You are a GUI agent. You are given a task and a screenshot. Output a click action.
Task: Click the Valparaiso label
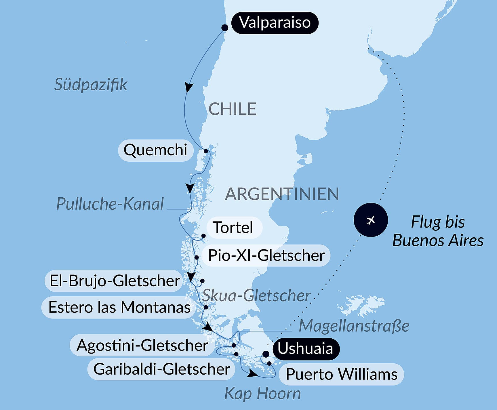[275, 23]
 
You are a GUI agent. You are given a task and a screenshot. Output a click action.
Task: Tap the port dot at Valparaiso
[225, 28]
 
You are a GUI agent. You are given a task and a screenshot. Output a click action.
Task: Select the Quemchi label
[155, 150]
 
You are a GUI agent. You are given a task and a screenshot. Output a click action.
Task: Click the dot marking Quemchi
[206, 151]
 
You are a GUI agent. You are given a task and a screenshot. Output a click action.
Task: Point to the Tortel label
[233, 228]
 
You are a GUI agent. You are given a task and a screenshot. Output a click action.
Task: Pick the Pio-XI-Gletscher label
[266, 255]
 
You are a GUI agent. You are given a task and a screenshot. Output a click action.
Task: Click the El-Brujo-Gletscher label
[115, 281]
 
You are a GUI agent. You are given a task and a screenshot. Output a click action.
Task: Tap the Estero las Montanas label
[119, 307]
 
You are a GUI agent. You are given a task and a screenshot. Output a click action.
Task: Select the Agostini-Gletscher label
[142, 345]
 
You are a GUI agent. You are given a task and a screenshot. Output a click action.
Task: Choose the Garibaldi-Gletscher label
[162, 369]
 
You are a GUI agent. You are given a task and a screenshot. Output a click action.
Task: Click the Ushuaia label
[305, 349]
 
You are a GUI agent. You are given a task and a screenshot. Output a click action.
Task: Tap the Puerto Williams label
[342, 374]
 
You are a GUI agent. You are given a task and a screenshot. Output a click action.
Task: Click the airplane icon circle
[371, 220]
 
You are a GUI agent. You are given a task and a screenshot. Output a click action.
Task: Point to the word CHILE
[232, 109]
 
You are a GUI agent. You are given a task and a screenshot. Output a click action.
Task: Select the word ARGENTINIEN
[282, 194]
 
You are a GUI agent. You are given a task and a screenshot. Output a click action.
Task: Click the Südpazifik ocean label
[91, 85]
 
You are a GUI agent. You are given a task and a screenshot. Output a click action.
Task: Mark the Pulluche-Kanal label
[110, 204]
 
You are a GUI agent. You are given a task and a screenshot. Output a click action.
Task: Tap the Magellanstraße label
[354, 326]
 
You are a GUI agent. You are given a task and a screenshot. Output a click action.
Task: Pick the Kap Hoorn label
[262, 393]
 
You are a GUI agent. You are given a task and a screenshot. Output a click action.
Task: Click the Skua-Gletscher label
[256, 295]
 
